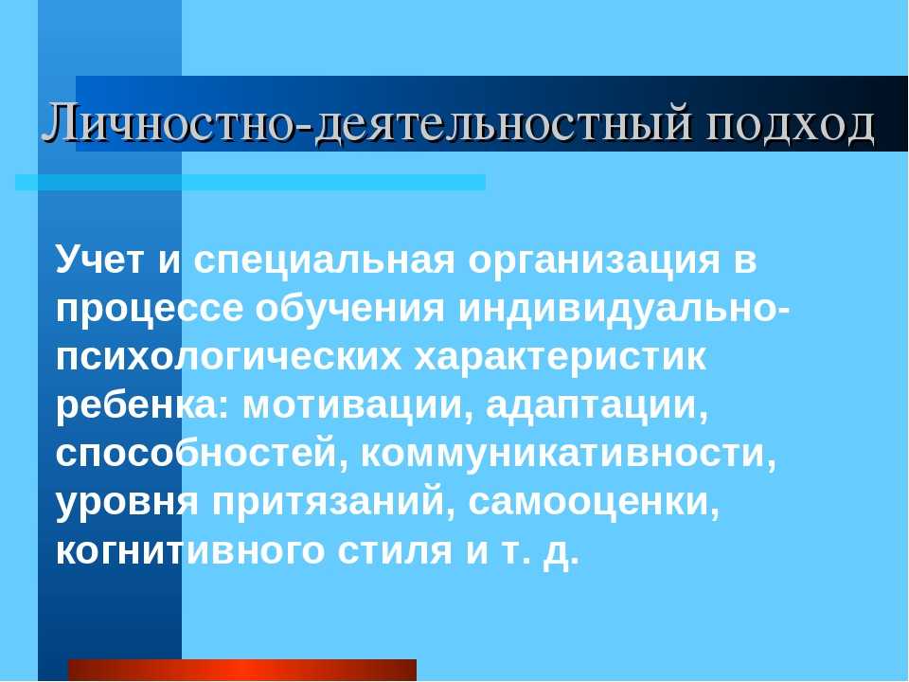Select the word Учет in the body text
click(x=99, y=259)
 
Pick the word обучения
click(x=349, y=309)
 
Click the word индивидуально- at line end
click(x=624, y=309)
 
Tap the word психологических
click(x=228, y=357)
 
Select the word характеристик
click(x=560, y=357)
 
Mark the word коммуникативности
click(x=568, y=455)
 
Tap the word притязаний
click(x=333, y=502)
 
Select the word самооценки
click(x=594, y=503)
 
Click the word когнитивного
click(x=190, y=551)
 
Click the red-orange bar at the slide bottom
click(x=242, y=670)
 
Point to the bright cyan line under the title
click(x=250, y=182)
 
